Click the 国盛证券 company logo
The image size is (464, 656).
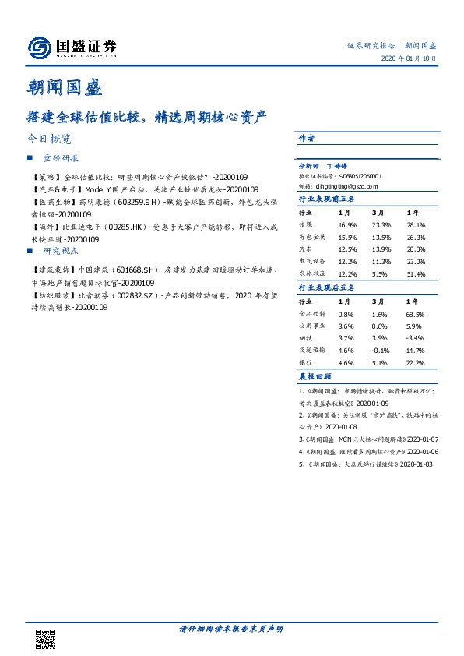[72, 47]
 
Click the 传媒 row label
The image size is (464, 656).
[305, 225]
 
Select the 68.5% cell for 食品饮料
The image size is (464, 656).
[417, 313]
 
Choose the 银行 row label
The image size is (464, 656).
[305, 363]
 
